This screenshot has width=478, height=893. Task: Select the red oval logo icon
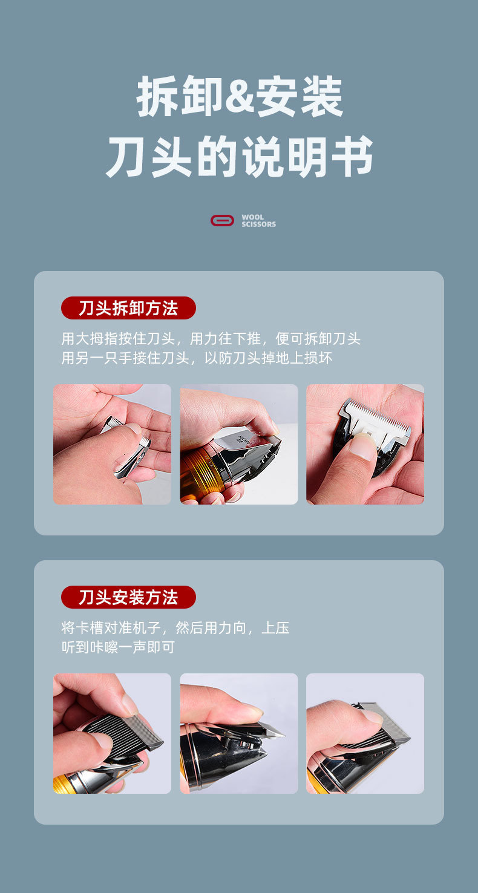222,221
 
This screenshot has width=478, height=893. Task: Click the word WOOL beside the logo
252,217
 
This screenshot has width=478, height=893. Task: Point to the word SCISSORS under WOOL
258,224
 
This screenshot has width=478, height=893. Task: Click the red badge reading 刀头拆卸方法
128,308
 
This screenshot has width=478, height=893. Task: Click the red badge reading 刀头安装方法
128,597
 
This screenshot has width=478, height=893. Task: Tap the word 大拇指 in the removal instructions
99,339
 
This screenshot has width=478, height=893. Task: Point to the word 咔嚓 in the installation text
105,647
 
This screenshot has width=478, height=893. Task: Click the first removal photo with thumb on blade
112,444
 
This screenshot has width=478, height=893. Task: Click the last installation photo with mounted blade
365,733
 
